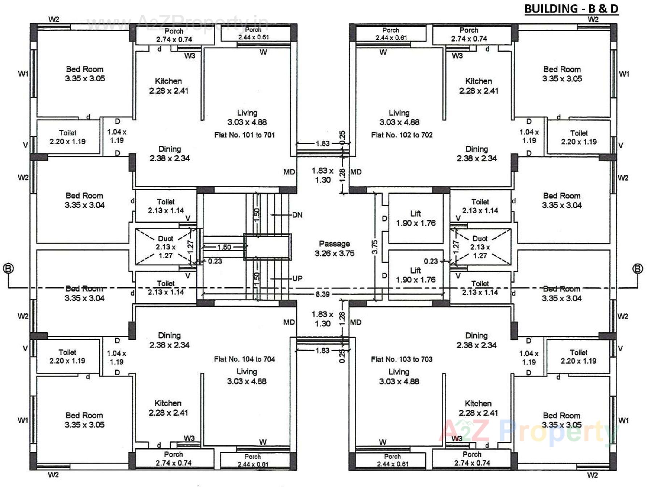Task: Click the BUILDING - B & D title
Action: (571, 9)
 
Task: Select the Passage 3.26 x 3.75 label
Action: (334, 248)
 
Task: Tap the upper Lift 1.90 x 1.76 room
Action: (416, 218)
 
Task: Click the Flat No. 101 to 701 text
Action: (244, 135)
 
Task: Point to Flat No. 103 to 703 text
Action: (402, 359)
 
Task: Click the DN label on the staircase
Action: (297, 215)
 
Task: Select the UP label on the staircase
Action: (297, 278)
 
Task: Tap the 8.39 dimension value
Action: (322, 294)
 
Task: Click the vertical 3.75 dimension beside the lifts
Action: (375, 247)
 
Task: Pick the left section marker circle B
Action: (8, 269)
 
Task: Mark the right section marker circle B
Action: (637, 269)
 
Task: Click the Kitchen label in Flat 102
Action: (478, 86)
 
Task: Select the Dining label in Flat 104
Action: (169, 340)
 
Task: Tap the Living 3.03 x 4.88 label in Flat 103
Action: (399, 376)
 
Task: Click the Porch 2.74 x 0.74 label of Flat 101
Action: (174, 35)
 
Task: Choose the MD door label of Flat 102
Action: (356, 172)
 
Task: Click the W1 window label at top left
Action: (23, 74)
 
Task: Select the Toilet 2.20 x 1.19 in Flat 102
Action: (579, 137)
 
